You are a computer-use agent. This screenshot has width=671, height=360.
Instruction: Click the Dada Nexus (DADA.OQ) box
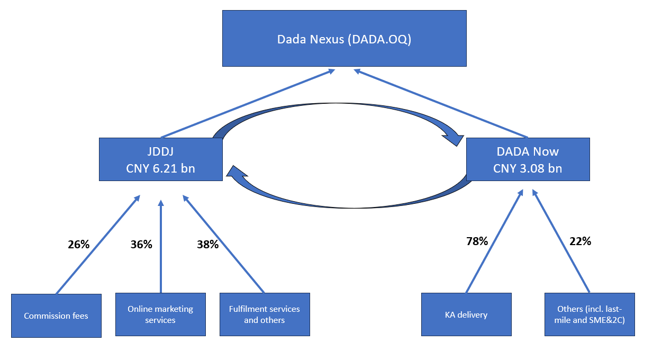[x=344, y=39]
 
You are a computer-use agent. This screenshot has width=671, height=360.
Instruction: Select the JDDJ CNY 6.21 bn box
[x=160, y=159]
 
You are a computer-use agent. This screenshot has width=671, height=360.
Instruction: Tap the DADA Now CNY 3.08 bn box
[x=528, y=159]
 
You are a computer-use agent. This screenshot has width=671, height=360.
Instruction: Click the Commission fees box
[x=56, y=316]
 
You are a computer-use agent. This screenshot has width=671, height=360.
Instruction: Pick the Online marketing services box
[x=160, y=314]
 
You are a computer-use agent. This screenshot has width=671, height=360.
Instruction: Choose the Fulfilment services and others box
[x=265, y=314]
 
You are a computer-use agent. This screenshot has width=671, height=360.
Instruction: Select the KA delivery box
[x=466, y=314]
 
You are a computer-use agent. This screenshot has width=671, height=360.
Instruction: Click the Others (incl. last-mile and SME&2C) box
[x=589, y=314]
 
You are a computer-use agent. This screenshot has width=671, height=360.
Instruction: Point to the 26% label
[x=79, y=245]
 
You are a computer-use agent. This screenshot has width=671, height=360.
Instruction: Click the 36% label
[x=141, y=245]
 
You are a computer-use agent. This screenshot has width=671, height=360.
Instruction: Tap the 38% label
[x=208, y=245]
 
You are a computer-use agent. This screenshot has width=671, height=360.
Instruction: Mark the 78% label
[x=477, y=241]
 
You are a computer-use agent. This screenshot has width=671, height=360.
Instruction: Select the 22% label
[x=580, y=241]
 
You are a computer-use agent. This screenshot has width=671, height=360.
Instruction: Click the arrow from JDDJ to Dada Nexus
[x=247, y=103]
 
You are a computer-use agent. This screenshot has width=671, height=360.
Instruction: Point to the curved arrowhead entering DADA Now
[x=452, y=139]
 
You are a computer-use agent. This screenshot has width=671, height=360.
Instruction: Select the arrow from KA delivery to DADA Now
[x=494, y=241]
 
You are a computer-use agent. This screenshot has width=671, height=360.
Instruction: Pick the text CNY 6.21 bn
[x=160, y=169]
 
